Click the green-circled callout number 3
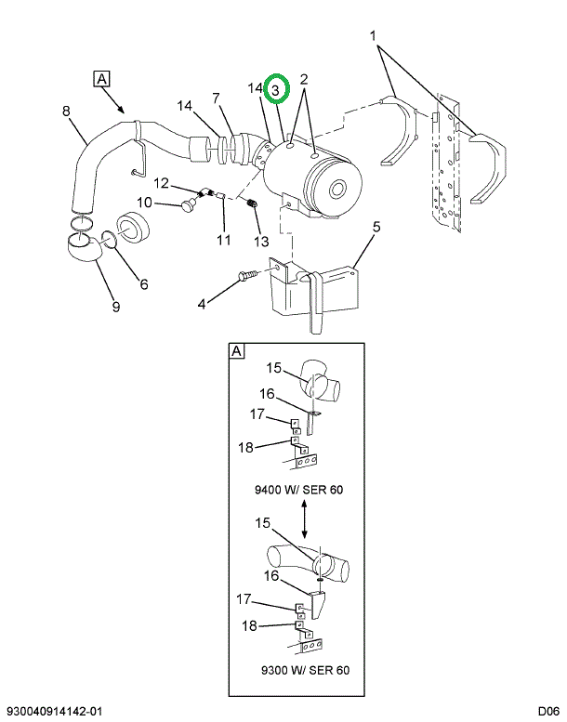click(277, 89)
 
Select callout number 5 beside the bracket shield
click(376, 226)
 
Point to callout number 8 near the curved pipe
click(66, 112)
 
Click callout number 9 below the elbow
click(116, 307)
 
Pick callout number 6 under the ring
click(144, 284)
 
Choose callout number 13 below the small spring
click(261, 241)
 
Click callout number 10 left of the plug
click(145, 202)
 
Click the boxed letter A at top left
click(101, 78)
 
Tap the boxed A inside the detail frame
click(237, 351)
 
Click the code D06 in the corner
click(549, 711)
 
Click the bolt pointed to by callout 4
click(249, 276)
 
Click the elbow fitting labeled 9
click(84, 248)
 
